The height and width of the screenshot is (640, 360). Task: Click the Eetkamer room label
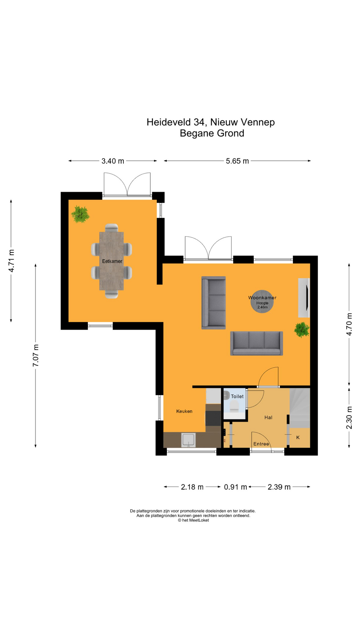[x=112, y=261]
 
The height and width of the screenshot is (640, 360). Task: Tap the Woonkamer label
[x=262, y=298]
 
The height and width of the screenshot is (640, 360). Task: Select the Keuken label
[x=184, y=411]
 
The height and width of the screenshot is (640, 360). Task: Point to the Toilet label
[x=237, y=396]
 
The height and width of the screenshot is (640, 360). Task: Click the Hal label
[x=268, y=417]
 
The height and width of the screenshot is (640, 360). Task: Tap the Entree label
[x=261, y=444]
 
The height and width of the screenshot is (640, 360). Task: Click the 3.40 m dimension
[x=113, y=161]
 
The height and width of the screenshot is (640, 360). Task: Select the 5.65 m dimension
[x=237, y=161]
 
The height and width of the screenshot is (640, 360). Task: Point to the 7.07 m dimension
[x=36, y=356]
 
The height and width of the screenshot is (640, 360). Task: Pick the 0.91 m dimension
[x=235, y=487]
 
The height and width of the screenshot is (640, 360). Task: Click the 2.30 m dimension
[x=349, y=418]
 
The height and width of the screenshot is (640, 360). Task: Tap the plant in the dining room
[x=80, y=214]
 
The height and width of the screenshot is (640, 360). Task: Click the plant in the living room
[x=302, y=330]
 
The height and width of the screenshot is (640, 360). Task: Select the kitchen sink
[x=188, y=440]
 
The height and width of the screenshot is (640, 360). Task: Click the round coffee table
[x=262, y=301]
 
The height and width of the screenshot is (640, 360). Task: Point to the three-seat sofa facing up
[x=257, y=343]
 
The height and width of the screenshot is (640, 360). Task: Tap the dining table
[x=112, y=261]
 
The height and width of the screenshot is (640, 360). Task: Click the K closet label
[x=298, y=437]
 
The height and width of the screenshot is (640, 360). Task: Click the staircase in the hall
[x=300, y=408]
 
